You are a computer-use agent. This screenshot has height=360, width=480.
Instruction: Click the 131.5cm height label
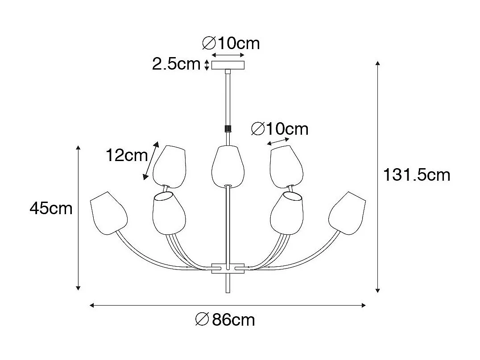(x=417, y=175)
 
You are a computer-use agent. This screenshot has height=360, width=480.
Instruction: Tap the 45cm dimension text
(x=51, y=208)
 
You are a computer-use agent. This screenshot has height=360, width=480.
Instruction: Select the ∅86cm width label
(x=225, y=320)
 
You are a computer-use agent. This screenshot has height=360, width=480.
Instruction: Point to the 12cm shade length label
(x=126, y=155)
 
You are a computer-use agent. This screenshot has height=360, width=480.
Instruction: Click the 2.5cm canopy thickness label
(x=176, y=64)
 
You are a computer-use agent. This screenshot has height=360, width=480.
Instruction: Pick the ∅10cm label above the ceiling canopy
(x=231, y=43)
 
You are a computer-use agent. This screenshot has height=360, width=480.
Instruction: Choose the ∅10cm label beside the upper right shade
(x=280, y=129)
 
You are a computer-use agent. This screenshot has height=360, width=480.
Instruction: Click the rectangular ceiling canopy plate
(x=228, y=65)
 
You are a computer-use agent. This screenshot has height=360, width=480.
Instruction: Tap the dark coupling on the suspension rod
(x=228, y=128)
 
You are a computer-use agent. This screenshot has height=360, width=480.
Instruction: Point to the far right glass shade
(x=347, y=212)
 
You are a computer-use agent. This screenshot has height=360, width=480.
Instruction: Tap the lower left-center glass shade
(x=169, y=213)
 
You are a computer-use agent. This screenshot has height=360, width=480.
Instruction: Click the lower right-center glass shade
(x=286, y=213)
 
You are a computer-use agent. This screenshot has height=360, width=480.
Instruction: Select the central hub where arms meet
(x=228, y=268)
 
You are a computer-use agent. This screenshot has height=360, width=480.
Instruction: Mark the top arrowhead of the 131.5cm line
(x=378, y=63)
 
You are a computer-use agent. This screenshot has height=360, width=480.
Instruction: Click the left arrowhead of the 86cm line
(x=91, y=306)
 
